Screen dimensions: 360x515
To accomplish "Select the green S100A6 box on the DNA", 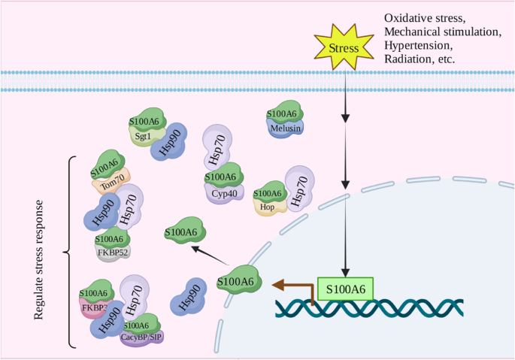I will pos(345,289).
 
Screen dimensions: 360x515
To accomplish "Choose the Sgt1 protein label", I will pos(144,135).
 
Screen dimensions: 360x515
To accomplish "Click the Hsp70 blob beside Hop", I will pos(298,189).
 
